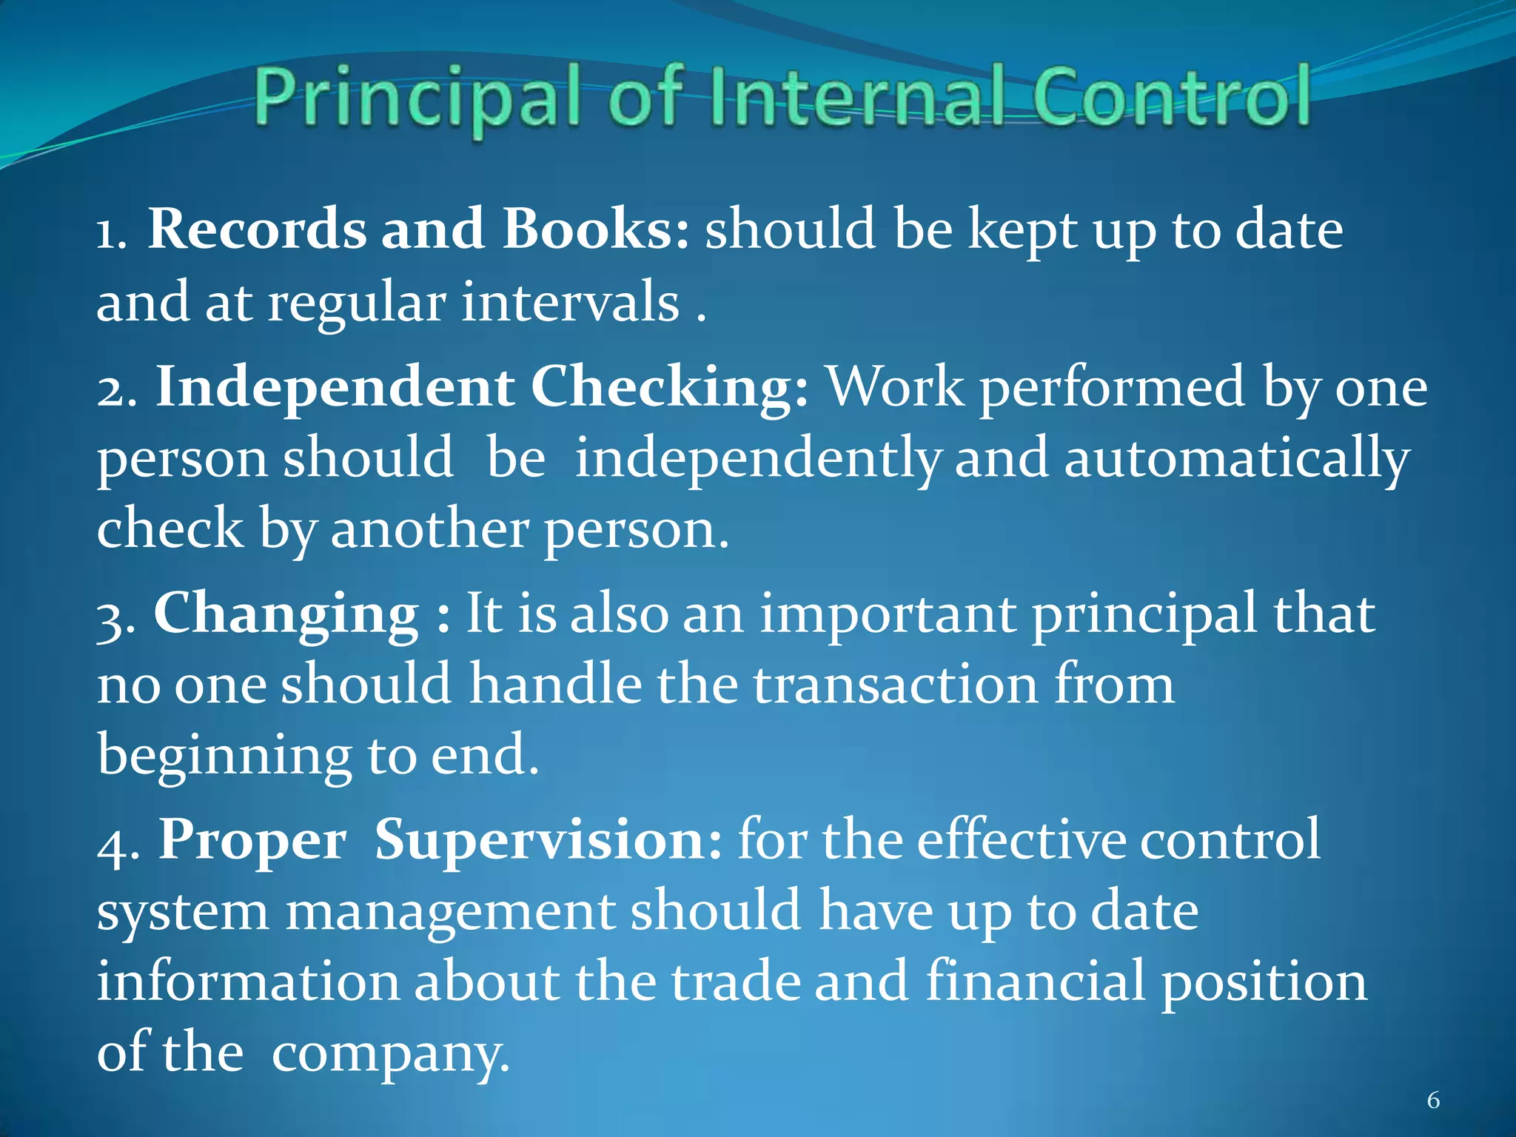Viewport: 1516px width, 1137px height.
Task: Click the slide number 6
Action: pos(1433,1101)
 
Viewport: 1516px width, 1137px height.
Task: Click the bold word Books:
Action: pos(596,229)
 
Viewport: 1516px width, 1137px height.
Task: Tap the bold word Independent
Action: pos(335,387)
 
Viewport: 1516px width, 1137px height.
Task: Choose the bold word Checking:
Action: pos(670,387)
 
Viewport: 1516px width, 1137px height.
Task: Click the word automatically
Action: pos(1236,459)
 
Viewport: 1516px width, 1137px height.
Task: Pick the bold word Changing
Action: pos(286,614)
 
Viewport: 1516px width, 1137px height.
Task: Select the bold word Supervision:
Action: pos(548,840)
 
